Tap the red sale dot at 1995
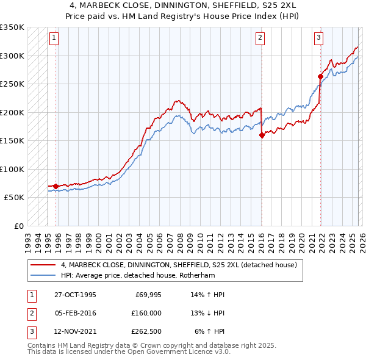point(56,186)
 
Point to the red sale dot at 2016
point(262,135)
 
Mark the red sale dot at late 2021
point(320,77)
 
